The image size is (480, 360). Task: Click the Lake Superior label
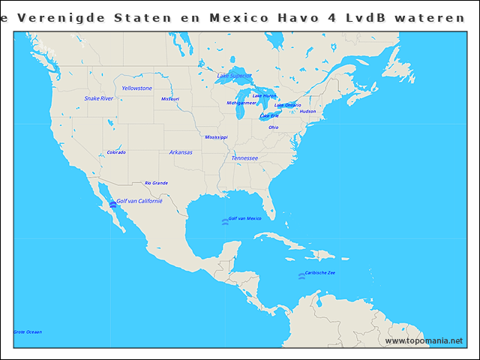point(234,76)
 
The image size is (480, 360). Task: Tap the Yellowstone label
point(137,88)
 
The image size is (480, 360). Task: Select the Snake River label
point(99,98)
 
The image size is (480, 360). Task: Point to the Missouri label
point(170,99)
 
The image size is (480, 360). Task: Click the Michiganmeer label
point(241,103)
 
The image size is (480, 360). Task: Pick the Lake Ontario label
point(288,105)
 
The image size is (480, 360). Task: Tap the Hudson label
point(307,112)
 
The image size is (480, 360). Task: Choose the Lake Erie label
point(269,116)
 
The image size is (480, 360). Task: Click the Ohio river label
point(274,127)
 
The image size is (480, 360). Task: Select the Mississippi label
point(216,137)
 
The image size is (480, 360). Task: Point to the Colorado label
point(116,152)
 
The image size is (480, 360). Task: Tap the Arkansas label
point(181,152)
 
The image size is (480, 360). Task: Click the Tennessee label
point(244,158)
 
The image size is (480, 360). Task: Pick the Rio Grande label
point(156,183)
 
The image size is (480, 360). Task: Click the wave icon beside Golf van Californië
point(112,205)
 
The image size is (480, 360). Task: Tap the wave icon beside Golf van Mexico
point(224,221)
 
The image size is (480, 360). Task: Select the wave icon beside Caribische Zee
point(301,276)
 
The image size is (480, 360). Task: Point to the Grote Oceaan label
point(28,332)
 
